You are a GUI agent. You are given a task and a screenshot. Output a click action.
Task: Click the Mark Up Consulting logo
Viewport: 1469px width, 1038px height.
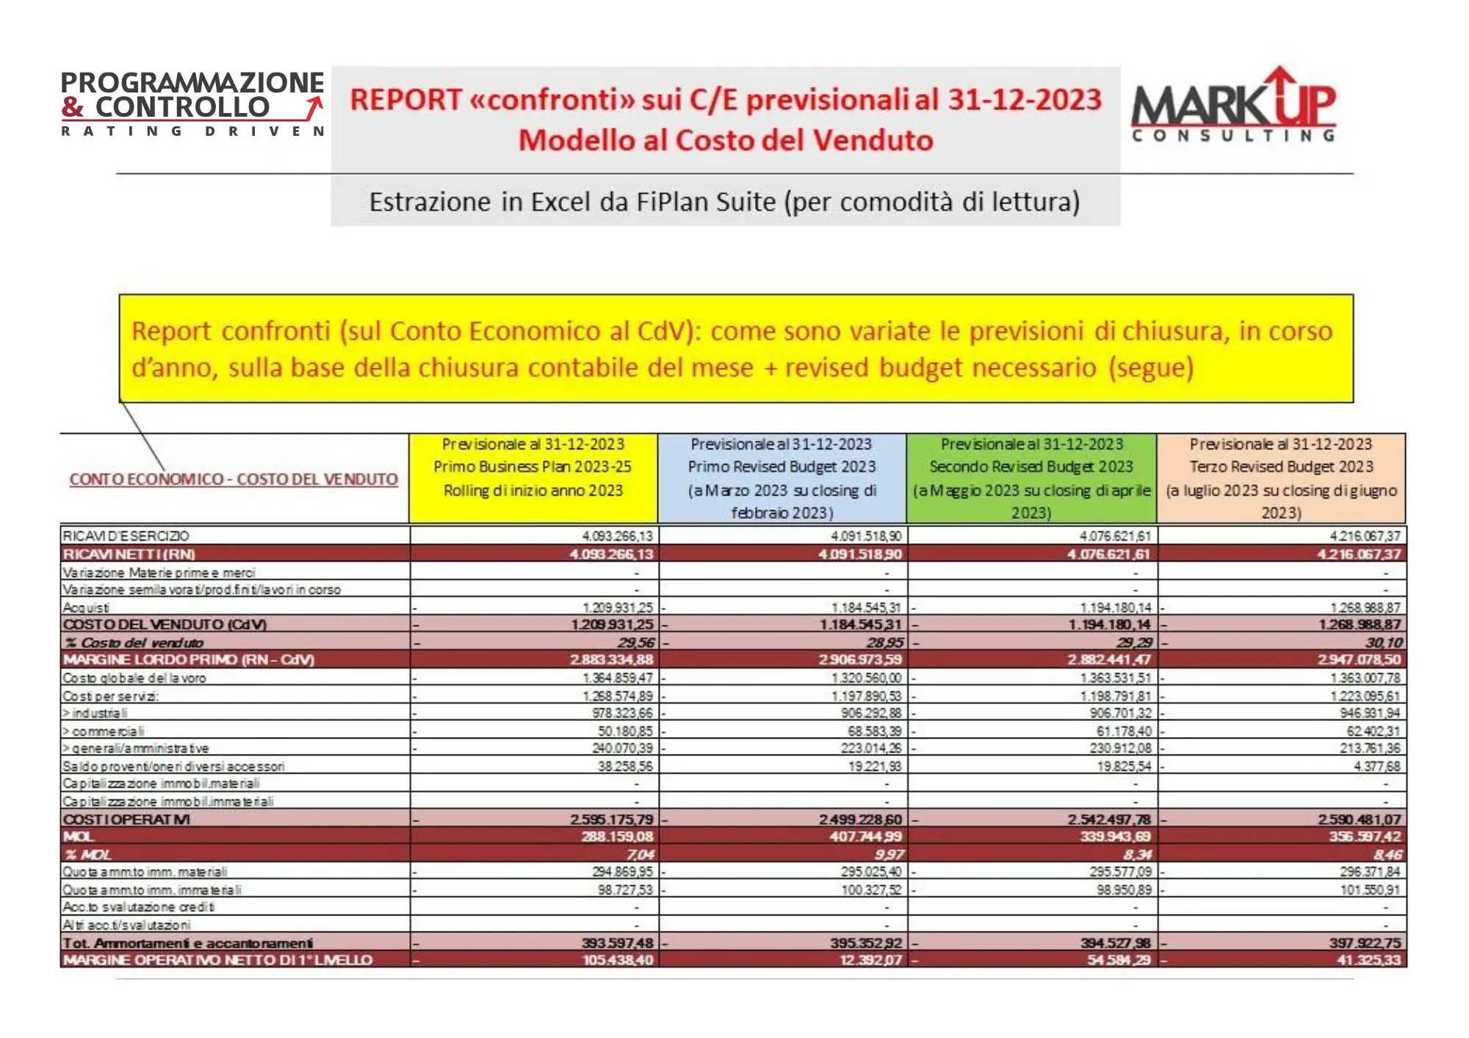pyautogui.click(x=1234, y=104)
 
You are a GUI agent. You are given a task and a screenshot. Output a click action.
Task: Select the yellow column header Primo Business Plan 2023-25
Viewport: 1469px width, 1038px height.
pyautogui.click(x=533, y=467)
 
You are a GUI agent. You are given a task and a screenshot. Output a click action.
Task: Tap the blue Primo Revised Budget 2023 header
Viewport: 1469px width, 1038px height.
pyautogui.click(x=782, y=467)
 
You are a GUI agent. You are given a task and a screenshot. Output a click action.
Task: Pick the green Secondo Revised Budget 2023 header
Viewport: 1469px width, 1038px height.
pyautogui.click(x=1031, y=467)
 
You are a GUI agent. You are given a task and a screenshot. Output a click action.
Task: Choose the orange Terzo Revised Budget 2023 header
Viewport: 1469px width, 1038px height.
pyautogui.click(x=1281, y=467)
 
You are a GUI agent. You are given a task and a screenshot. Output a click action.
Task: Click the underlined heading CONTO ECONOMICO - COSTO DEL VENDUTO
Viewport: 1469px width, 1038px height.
pyautogui.click(x=234, y=479)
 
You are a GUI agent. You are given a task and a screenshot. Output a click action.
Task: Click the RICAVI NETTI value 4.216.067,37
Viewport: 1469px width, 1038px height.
pyautogui.click(x=1359, y=554)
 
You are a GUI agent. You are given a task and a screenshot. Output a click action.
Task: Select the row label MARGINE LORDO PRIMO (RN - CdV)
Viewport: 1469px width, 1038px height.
pyautogui.click(x=189, y=660)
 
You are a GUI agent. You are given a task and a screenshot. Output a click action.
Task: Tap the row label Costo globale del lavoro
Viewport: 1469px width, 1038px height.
pyautogui.click(x=134, y=678)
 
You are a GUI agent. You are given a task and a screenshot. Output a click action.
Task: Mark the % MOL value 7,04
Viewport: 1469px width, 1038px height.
pyautogui.click(x=640, y=854)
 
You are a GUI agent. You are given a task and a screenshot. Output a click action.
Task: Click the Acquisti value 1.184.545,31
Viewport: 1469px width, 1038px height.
pyautogui.click(x=866, y=608)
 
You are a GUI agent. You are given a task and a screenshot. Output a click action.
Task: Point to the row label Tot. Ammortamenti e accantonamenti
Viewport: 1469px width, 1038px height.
pyautogui.click(x=188, y=943)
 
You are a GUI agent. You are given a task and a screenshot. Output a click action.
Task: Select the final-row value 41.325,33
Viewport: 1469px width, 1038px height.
pyautogui.click(x=1368, y=960)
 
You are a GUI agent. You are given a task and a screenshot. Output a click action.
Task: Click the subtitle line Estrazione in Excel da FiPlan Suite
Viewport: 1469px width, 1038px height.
pyautogui.click(x=724, y=202)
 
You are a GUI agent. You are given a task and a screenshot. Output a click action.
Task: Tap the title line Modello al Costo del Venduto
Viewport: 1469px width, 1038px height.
pyautogui.click(x=726, y=140)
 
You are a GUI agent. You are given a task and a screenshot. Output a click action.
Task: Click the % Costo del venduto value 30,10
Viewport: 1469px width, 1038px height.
pyautogui.click(x=1384, y=643)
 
